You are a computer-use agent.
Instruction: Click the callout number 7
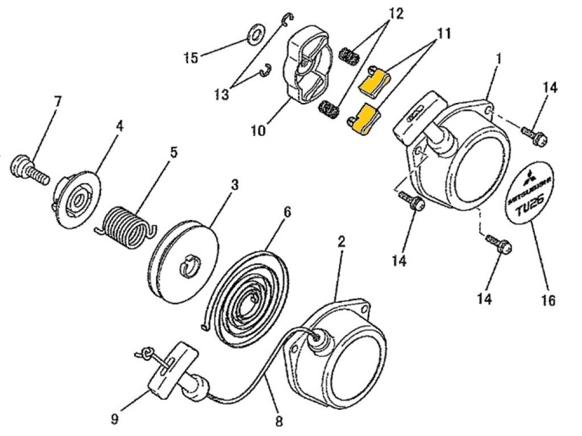pos(57,102)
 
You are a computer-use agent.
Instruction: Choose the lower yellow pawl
pos(364,119)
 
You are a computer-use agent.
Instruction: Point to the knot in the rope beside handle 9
pos(148,353)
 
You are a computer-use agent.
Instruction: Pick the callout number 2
pos(341,241)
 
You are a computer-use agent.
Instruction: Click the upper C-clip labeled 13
pos(288,22)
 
